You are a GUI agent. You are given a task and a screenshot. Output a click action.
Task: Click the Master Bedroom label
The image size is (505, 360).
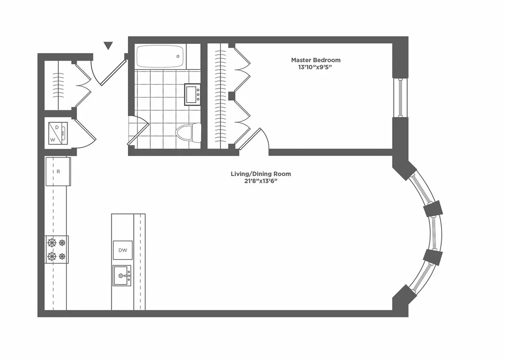[316, 60]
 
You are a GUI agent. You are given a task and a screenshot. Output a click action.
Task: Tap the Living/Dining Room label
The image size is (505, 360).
[260, 174]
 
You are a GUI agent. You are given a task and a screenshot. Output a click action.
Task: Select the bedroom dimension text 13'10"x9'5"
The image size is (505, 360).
[316, 67]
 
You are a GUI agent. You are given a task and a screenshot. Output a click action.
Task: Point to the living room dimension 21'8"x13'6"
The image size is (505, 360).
[260, 181]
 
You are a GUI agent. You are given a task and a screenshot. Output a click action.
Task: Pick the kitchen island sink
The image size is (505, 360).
[122, 276]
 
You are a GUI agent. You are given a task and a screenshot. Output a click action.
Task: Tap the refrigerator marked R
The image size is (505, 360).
[58, 171]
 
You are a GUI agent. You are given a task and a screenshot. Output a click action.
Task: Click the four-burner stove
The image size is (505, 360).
[57, 249]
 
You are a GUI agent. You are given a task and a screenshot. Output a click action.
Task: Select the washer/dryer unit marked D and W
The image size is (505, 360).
[58, 133]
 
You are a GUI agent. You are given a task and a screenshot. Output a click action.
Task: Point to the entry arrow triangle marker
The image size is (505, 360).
[109, 45]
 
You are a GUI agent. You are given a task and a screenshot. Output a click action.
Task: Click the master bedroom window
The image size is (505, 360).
[400, 98]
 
